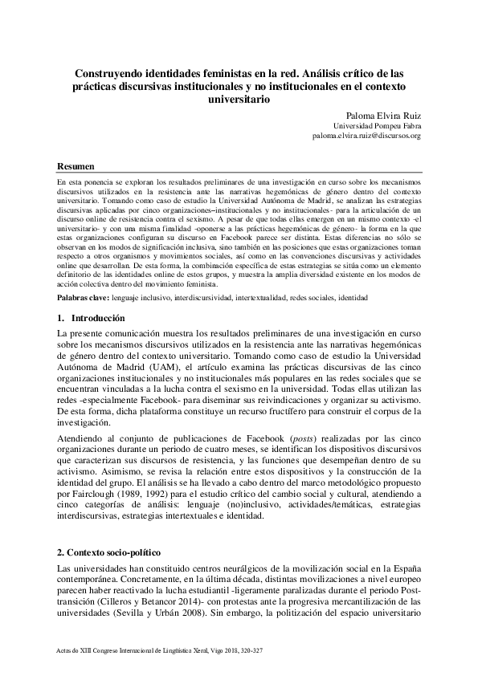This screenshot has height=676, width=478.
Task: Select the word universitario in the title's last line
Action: pyautogui.click(x=239, y=99)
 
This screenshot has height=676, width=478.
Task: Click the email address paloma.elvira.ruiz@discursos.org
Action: pyautogui.click(x=366, y=136)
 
